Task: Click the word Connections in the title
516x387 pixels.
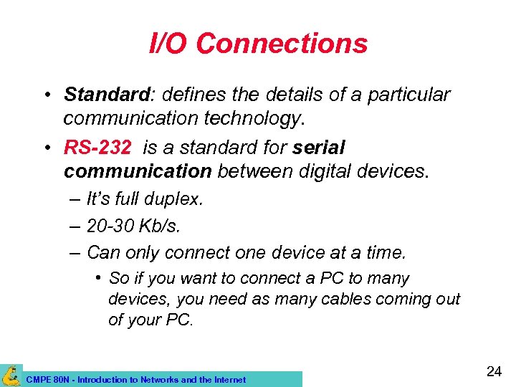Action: (281, 44)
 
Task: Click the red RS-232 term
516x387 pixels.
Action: (97, 148)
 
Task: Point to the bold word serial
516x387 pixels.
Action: (319, 148)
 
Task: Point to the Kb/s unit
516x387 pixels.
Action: (162, 226)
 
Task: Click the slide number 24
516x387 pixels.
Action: (493, 371)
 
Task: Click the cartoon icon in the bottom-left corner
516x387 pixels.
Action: (11, 375)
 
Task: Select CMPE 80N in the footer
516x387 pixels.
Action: (46, 380)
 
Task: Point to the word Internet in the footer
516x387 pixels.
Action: (228, 380)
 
